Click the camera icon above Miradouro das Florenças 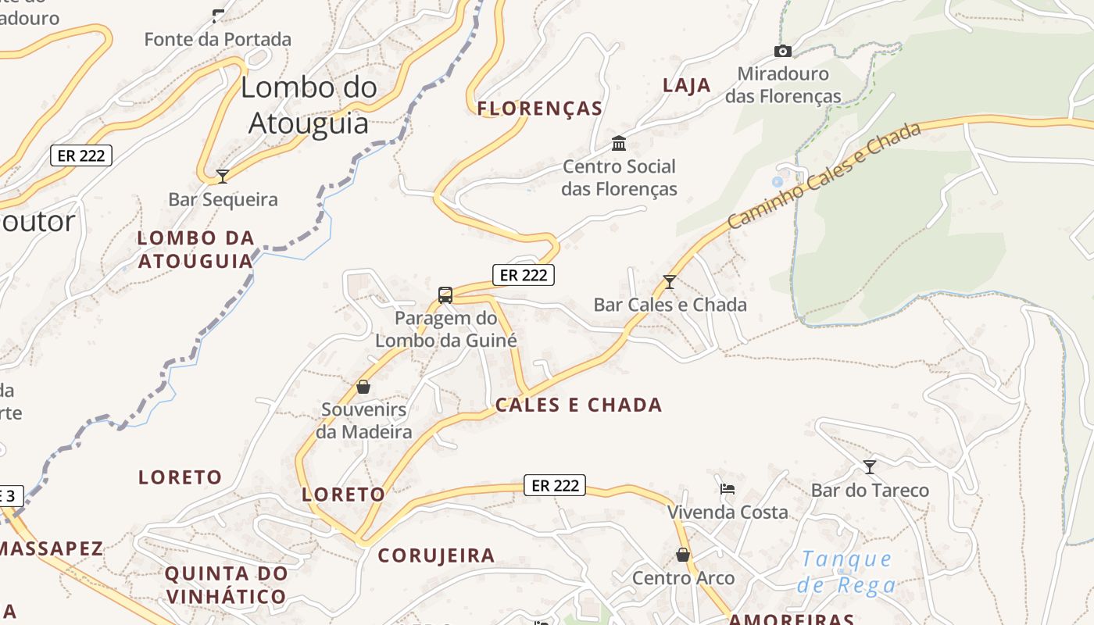pyautogui.click(x=782, y=52)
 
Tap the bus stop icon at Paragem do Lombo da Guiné pyautogui.click(x=445, y=295)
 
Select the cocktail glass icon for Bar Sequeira pyautogui.click(x=223, y=176)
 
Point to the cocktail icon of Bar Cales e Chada pyautogui.click(x=669, y=281)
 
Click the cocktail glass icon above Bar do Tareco pyautogui.click(x=869, y=467)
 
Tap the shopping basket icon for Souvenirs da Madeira pyautogui.click(x=363, y=387)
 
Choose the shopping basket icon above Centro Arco pyautogui.click(x=683, y=555)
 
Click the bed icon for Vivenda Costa pyautogui.click(x=728, y=489)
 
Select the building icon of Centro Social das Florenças pyautogui.click(x=619, y=143)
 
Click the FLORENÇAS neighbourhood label pyautogui.click(x=540, y=109)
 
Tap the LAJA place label pyautogui.click(x=687, y=85)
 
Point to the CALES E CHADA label pyautogui.click(x=578, y=405)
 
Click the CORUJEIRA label pyautogui.click(x=436, y=555)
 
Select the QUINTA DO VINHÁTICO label pyautogui.click(x=226, y=585)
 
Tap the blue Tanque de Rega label pyautogui.click(x=847, y=571)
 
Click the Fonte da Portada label pyautogui.click(x=217, y=39)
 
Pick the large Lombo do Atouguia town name pyautogui.click(x=309, y=105)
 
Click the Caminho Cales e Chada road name pyautogui.click(x=824, y=176)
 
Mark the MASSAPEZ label pyautogui.click(x=52, y=548)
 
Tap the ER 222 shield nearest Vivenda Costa pyautogui.click(x=555, y=485)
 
